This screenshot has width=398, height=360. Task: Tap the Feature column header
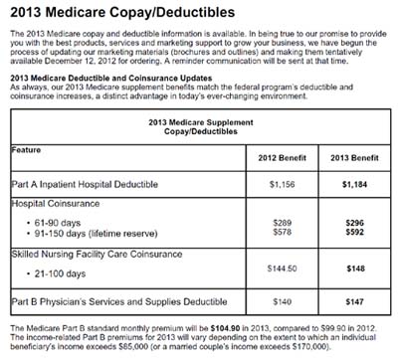coord(31,149)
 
